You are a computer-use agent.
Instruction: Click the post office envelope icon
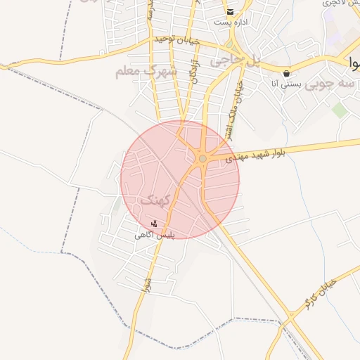[230, 12]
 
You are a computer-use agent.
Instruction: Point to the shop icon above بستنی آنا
[286, 73]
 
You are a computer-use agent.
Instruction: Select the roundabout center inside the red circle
[202, 159]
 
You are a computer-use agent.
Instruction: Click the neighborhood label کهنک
[155, 200]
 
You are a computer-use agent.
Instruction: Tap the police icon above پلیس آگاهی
[154, 224]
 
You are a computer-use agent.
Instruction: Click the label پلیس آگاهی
[155, 235]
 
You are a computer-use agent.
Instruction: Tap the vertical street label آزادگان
[193, 71]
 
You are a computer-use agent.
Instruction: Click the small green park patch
[340, 110]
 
